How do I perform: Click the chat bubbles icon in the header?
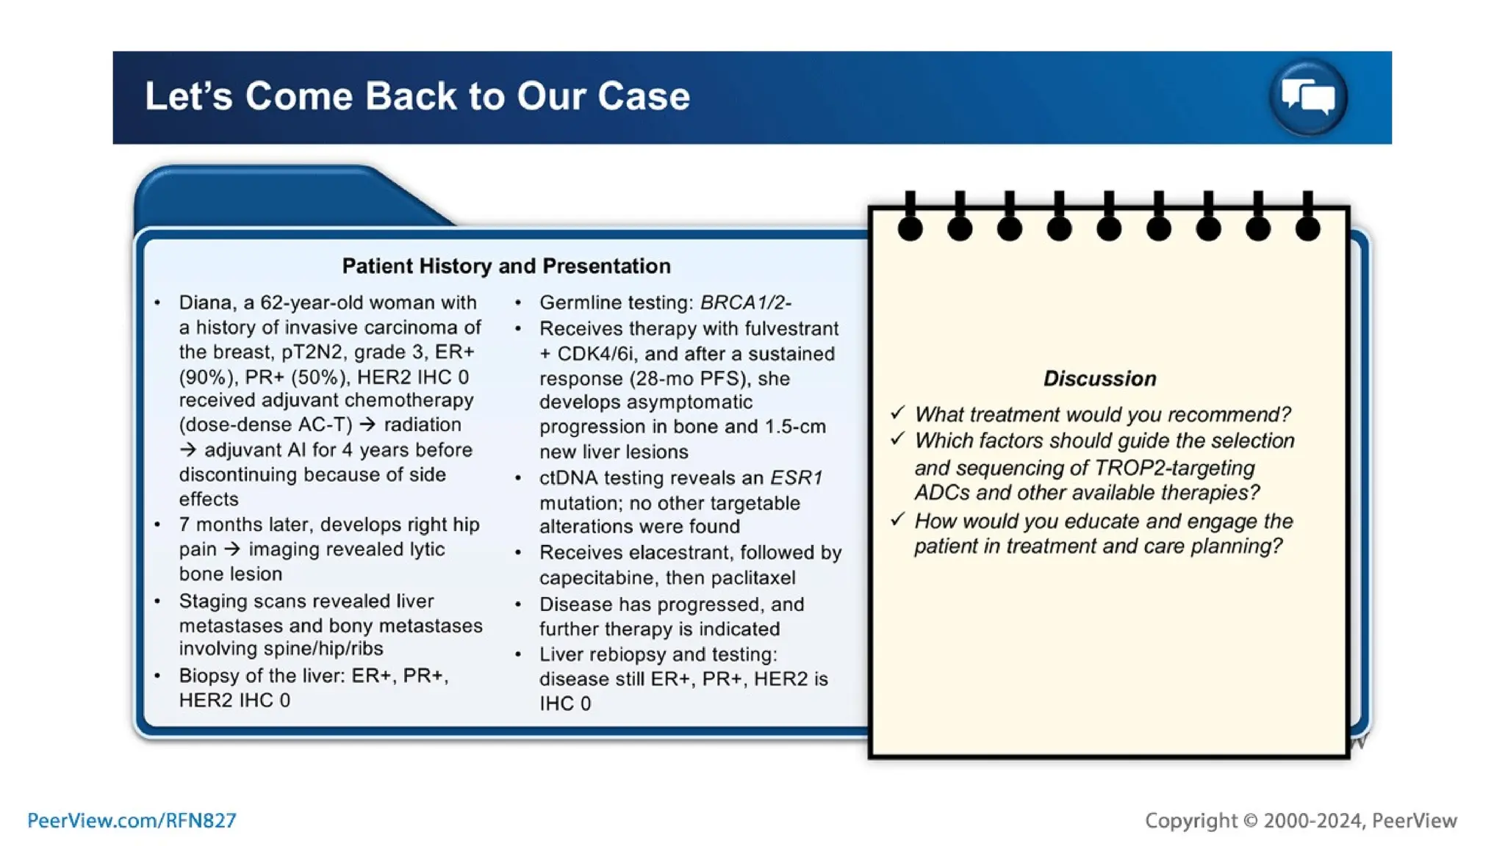click(x=1307, y=97)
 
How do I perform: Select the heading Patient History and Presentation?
click(x=506, y=266)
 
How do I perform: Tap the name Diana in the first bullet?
click(x=206, y=303)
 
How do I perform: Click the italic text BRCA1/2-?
click(x=745, y=303)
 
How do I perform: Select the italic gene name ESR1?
click(x=796, y=477)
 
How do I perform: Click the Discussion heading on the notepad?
click(x=1099, y=378)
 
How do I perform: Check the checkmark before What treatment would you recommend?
click(x=897, y=413)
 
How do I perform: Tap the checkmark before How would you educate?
click(x=897, y=520)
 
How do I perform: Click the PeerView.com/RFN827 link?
click(x=132, y=820)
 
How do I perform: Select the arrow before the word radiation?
click(x=367, y=424)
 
